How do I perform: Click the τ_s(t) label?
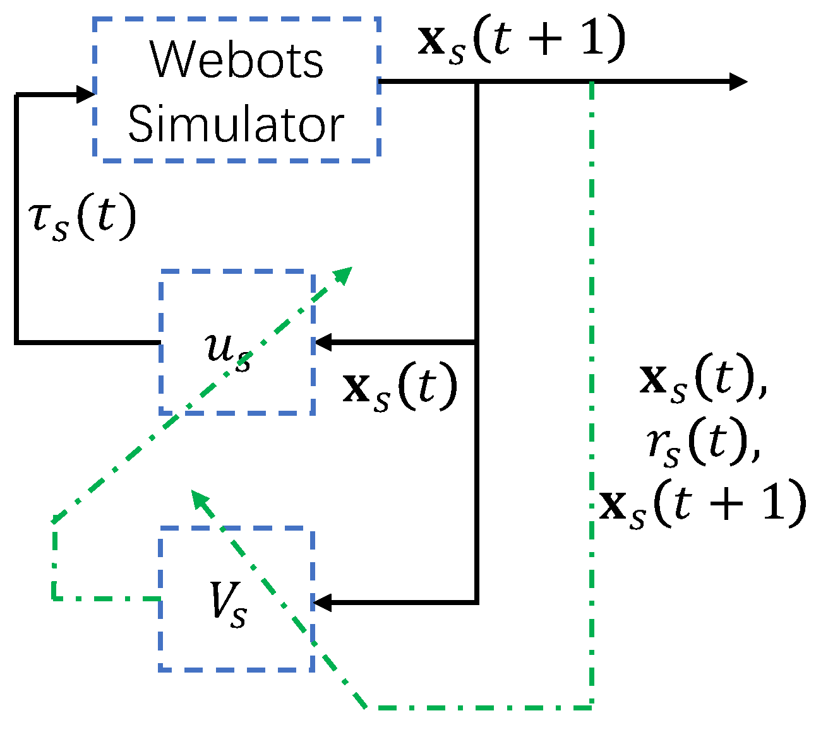pos(82,218)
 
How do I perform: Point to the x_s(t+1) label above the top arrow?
pos(522,39)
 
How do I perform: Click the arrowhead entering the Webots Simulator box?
pos(86,95)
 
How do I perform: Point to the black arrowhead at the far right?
pos(738,81)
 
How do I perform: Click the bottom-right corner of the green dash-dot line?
pos(591,707)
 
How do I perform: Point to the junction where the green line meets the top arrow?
pos(591,82)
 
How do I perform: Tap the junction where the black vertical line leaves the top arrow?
pos(477,82)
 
